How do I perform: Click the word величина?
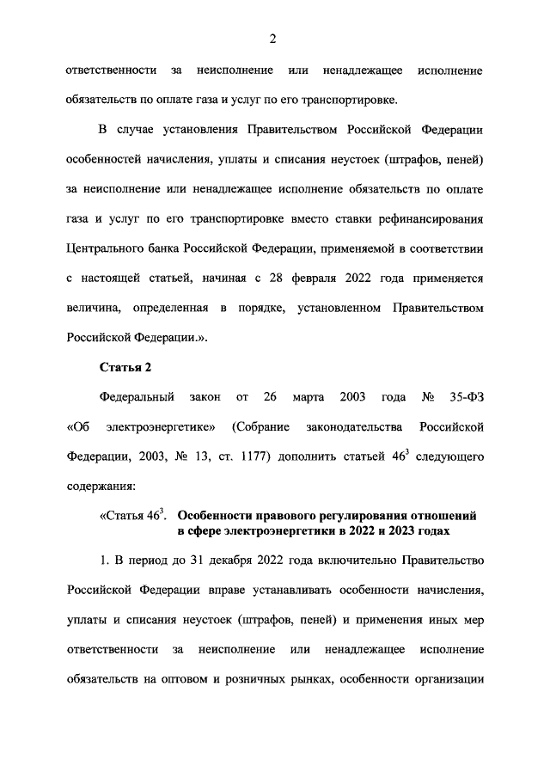click(95, 308)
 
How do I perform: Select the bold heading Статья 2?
click(125, 368)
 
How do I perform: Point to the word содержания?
click(101, 487)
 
